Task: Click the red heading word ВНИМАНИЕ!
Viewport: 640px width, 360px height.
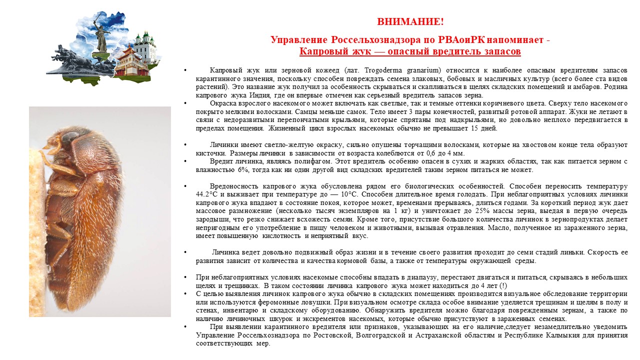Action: pos(410,22)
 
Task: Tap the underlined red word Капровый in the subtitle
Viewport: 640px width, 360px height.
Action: pos(320,51)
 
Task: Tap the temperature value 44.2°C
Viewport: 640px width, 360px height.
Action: pos(207,194)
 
